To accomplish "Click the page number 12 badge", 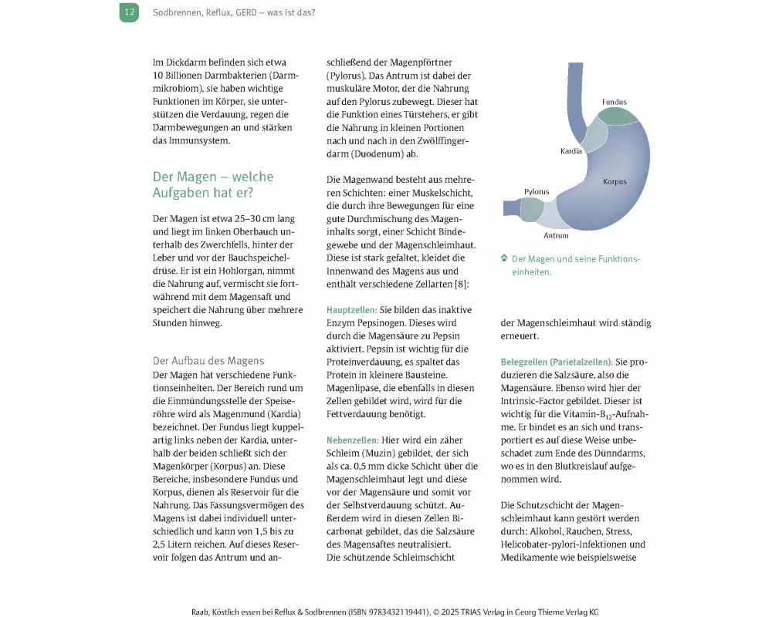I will (x=129, y=12).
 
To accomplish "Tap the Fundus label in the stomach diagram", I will (x=615, y=102).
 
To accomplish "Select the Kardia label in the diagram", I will (x=571, y=151).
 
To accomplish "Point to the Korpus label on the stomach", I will (x=615, y=182).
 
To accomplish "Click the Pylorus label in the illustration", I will (x=537, y=191).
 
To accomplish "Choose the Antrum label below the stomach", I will (x=556, y=235).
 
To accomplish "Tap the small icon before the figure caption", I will (x=503, y=258).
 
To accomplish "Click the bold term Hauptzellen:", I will (x=352, y=309).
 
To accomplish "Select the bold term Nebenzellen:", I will (x=352, y=439).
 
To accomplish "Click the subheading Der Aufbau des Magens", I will (x=208, y=360).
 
